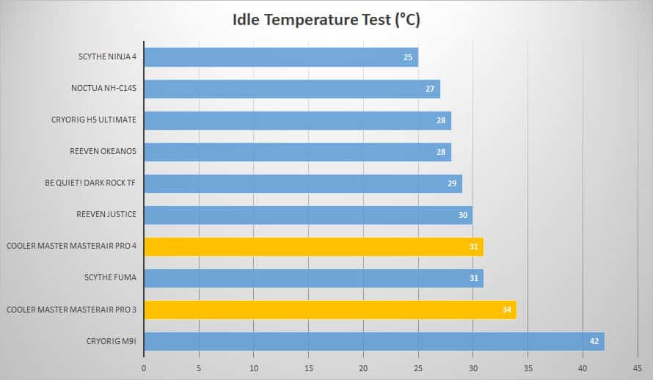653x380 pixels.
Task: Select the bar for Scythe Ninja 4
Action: click(x=281, y=57)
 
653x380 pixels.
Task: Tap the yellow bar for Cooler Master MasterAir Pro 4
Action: click(x=313, y=246)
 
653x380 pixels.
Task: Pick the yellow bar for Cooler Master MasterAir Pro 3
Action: click(x=330, y=310)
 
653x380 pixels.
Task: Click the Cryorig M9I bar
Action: click(x=374, y=341)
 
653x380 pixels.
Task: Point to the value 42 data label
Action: click(x=594, y=341)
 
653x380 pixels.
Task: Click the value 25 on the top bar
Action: click(x=408, y=57)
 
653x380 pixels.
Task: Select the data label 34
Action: click(x=506, y=310)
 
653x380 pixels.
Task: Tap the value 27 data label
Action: click(x=430, y=89)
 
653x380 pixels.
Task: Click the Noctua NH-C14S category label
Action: click(x=103, y=88)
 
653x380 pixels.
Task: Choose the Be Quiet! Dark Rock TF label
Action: click(x=90, y=183)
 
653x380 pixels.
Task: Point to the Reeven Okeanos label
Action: click(x=103, y=151)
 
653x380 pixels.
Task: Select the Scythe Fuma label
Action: click(x=110, y=277)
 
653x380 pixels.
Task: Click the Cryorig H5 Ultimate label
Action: click(x=94, y=120)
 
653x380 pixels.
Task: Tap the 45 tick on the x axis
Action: click(x=637, y=368)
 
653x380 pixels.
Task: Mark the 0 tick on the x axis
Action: click(x=144, y=368)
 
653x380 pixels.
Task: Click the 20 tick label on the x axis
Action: click(x=363, y=368)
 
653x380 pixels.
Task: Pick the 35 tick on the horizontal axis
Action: click(x=528, y=368)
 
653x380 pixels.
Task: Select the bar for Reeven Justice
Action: click(x=308, y=215)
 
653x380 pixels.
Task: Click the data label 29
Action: click(x=452, y=183)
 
